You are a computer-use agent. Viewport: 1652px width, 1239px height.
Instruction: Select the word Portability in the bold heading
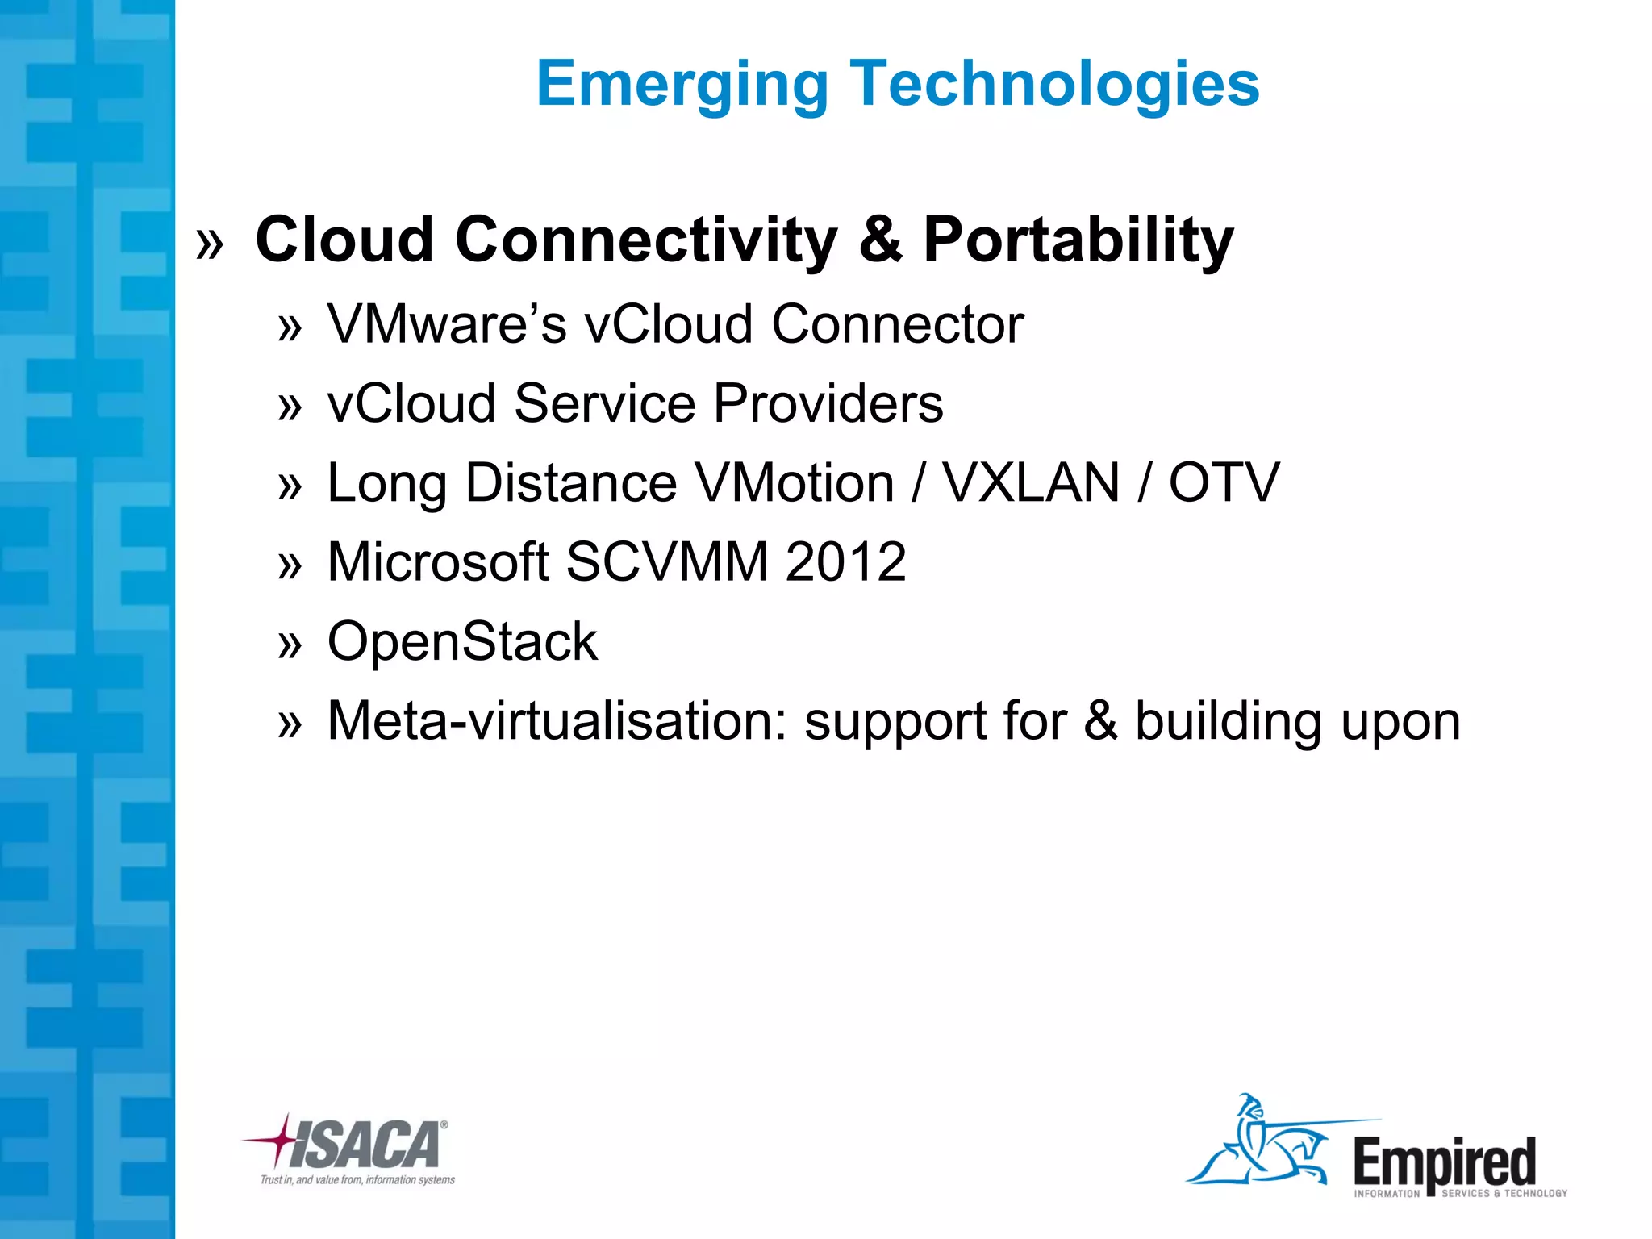1078,241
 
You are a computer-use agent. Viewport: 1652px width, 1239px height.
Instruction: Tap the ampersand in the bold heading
880,240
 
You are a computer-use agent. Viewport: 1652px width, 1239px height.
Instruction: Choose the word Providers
828,403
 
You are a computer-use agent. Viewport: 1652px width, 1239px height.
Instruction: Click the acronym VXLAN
1032,483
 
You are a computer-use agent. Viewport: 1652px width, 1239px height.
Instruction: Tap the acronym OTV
1224,483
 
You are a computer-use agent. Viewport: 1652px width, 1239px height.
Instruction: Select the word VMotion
794,483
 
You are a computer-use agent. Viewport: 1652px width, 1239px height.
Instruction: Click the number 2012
845,562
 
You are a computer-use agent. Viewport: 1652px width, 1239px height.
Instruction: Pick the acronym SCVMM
666,562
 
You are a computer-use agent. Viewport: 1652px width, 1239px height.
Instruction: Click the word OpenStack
462,642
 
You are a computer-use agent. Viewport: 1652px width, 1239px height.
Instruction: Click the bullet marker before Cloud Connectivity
210,243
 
